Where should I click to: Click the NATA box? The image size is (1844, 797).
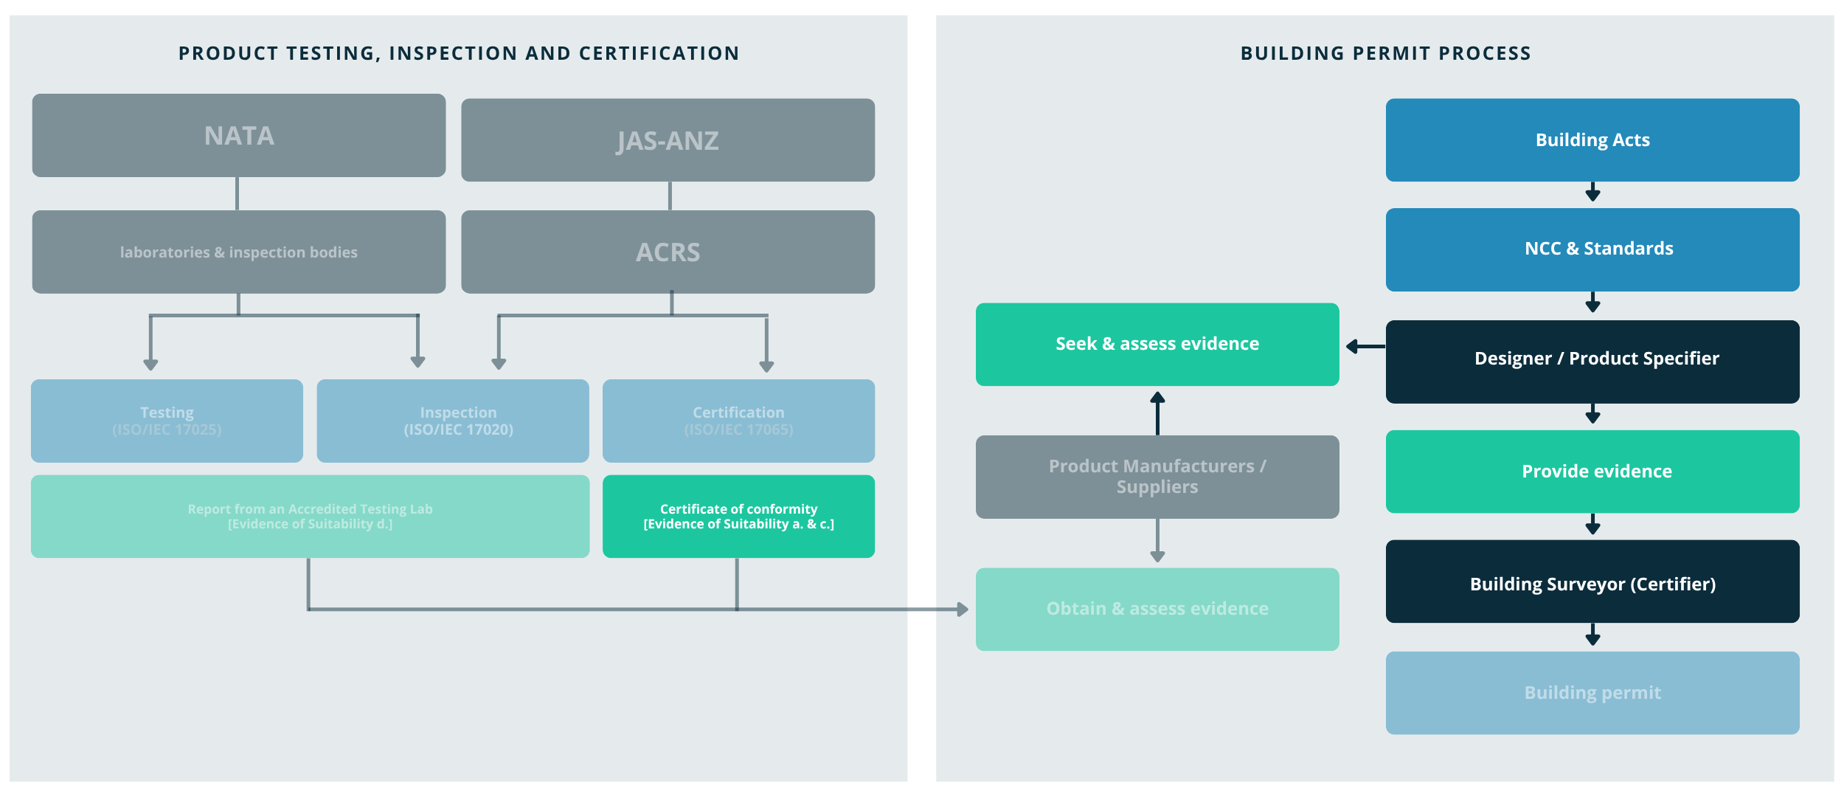coord(238,136)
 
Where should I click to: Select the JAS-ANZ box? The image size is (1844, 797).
coord(668,140)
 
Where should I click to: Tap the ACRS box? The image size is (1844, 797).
coord(668,252)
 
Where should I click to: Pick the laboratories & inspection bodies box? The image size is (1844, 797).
coord(238,252)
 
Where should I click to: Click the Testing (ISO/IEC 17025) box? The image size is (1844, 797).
coord(167,421)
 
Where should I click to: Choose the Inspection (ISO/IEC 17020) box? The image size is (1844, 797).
coord(452,421)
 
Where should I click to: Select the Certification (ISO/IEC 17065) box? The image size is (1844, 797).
coord(738,421)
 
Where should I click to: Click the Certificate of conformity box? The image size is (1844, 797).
coord(738,517)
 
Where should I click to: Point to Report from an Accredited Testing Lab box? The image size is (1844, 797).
coord(310,517)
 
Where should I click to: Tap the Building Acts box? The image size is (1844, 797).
coord(1592,140)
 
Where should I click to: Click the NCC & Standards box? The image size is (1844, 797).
coord(1592,249)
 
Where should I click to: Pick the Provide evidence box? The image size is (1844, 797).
coord(1592,472)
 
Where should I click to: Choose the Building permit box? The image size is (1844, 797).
coord(1592,692)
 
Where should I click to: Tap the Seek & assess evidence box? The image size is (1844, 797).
coord(1157,345)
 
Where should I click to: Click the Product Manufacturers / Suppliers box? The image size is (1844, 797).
coord(1157,477)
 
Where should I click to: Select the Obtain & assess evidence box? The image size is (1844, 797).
coord(1157,609)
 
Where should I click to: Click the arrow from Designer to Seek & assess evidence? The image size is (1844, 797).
coord(1365,346)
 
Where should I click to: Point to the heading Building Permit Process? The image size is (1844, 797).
coord(1385,53)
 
